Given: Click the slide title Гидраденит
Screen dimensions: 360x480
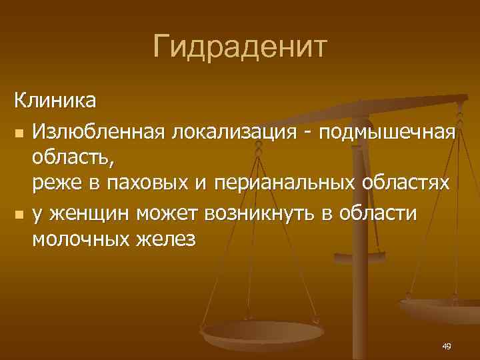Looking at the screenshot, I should tap(239, 47).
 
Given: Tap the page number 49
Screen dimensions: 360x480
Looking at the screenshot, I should tap(446, 345).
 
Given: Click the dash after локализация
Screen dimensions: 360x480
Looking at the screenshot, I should tap(307, 133).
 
